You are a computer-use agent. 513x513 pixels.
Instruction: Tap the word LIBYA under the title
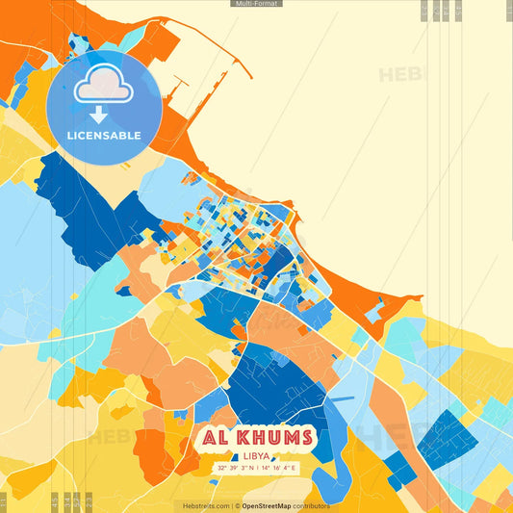pyautogui.click(x=257, y=455)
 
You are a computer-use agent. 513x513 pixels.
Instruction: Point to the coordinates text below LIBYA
pyautogui.click(x=257, y=468)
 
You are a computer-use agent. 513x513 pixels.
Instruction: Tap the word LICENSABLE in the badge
pyautogui.click(x=103, y=135)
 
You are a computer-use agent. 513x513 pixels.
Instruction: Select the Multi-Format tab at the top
pyautogui.click(x=256, y=4)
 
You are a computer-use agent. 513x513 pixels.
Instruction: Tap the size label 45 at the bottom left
pyautogui.click(x=54, y=501)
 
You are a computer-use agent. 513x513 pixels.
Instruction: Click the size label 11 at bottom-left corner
pyautogui.click(x=3, y=501)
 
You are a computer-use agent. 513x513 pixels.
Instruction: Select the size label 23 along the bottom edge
pyautogui.click(x=75, y=501)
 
